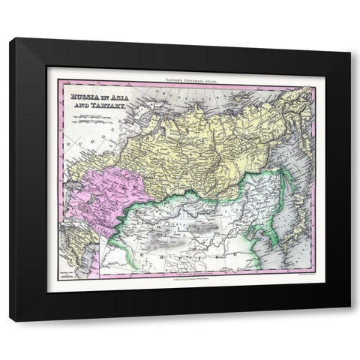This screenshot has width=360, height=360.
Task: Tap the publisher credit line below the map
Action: tap(180, 278)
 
